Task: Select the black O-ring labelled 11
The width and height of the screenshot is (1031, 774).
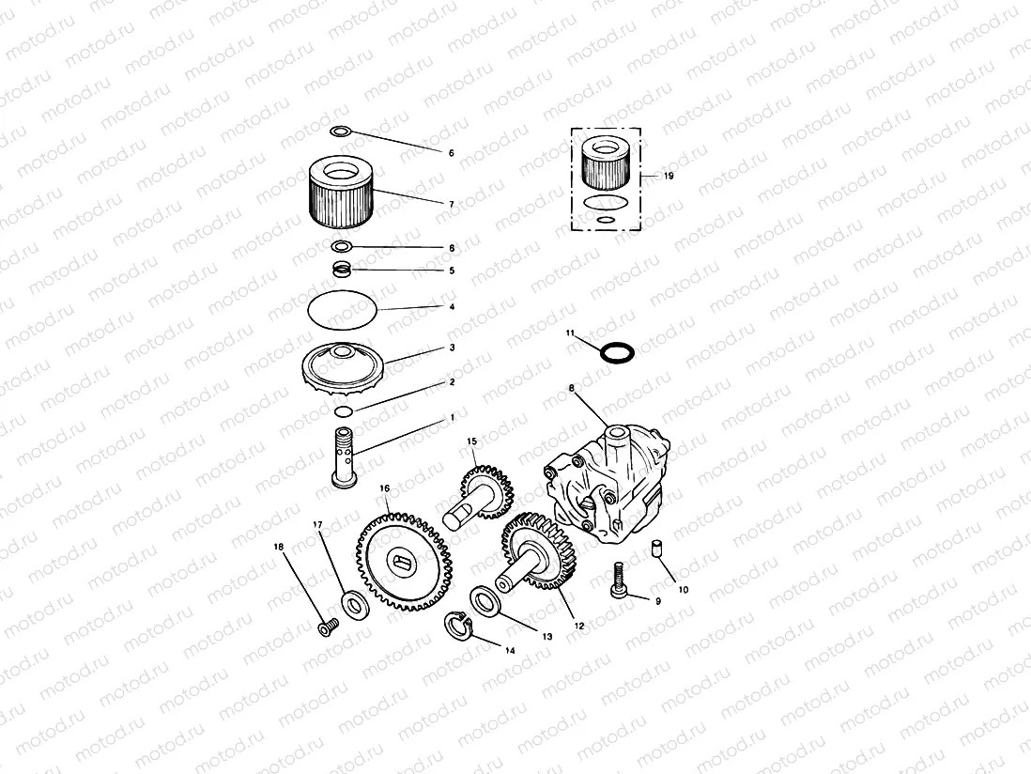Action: coord(616,353)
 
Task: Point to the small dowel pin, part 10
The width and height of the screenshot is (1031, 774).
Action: coord(658,547)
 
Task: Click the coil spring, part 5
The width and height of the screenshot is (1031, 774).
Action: coord(345,271)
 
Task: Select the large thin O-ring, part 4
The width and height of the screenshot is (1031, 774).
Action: coord(344,309)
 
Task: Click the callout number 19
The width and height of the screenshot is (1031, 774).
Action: coord(669,176)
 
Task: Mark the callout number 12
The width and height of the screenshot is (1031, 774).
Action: coord(578,626)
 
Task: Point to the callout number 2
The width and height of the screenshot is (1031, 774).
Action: coord(452,382)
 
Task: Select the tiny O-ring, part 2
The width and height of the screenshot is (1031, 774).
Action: coord(344,411)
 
